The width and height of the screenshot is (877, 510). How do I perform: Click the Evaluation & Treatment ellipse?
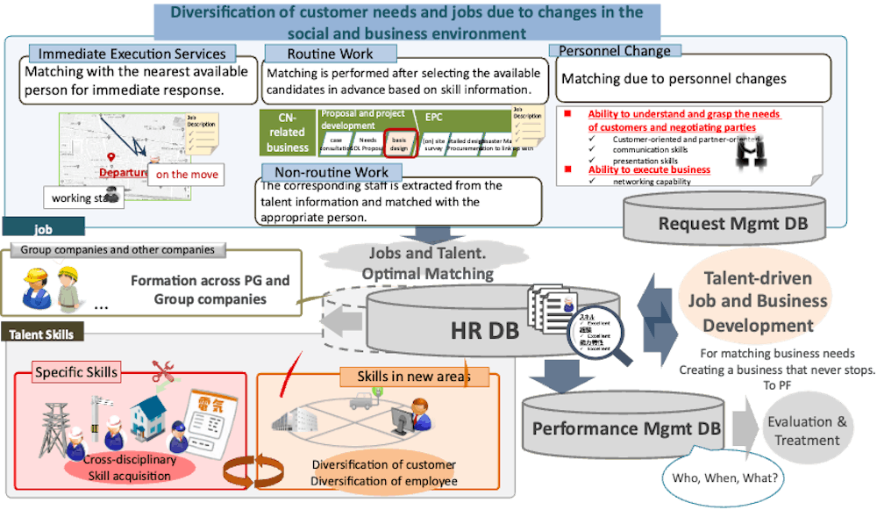807,430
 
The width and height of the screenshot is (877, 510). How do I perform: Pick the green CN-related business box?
288,133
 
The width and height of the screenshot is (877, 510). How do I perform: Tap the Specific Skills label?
76,372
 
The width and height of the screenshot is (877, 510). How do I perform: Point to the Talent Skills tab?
42,334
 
